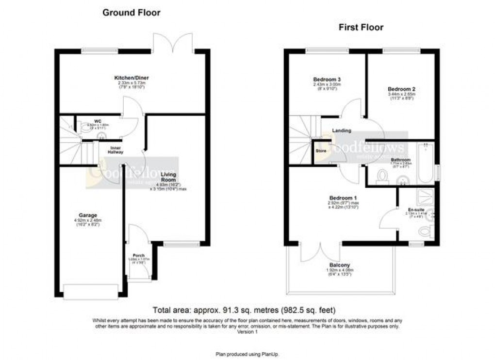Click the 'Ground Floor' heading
click(x=131, y=13)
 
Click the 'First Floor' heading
click(x=361, y=27)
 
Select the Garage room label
click(x=88, y=215)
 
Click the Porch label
click(x=139, y=256)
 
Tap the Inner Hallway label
click(x=115, y=149)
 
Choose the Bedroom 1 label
click(x=343, y=198)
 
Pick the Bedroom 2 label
click(x=401, y=89)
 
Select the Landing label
click(x=342, y=131)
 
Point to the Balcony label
click(x=340, y=265)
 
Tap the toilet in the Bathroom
click(x=381, y=176)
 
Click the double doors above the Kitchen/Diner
click(x=172, y=43)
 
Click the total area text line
click(x=244, y=310)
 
